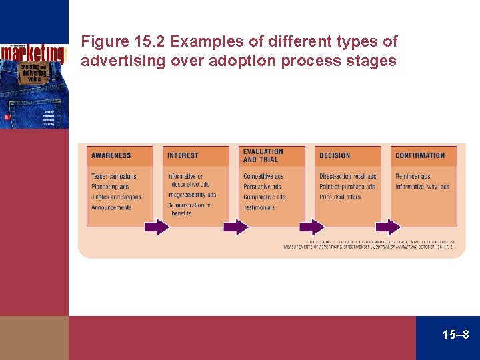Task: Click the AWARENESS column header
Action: tap(111, 155)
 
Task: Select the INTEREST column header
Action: tap(183, 155)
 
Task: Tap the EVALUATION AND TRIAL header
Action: tap(263, 155)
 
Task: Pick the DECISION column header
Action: tap(335, 155)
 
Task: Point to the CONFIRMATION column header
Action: tap(420, 155)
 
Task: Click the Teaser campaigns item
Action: tap(114, 177)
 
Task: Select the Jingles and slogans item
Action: tap(117, 197)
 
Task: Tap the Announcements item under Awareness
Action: tap(112, 207)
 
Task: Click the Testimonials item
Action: tap(259, 207)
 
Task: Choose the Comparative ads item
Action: tap(265, 197)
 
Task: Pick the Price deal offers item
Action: tap(340, 197)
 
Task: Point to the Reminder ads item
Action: tap(413, 177)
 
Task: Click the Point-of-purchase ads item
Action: tap(347, 187)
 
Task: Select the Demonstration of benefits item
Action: tap(189, 209)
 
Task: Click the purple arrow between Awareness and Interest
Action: tap(157, 227)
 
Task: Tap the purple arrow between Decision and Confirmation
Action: tap(387, 227)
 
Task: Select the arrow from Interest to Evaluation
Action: tap(235, 227)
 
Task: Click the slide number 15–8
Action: tap(456, 334)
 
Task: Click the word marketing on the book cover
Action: tap(33, 53)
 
